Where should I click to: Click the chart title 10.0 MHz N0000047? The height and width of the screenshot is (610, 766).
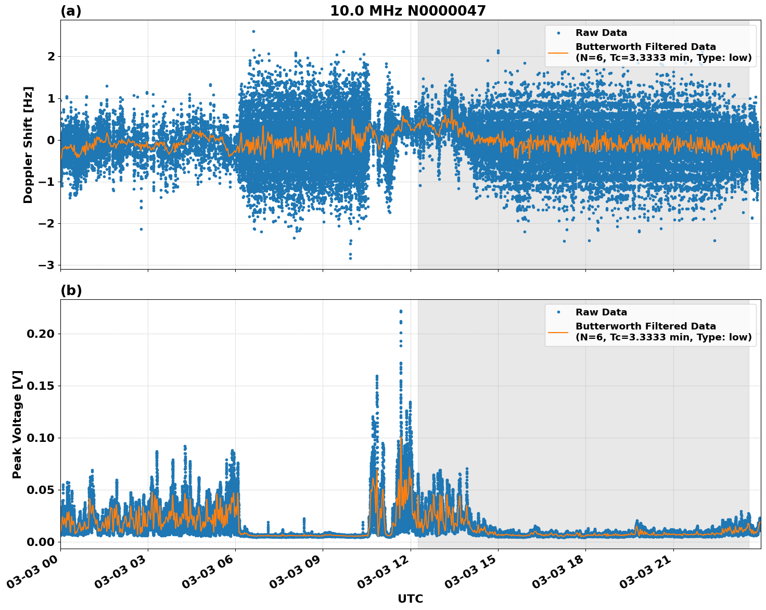[x=407, y=11]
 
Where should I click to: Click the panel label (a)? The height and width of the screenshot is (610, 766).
[x=71, y=11]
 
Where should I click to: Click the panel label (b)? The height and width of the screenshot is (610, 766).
[x=71, y=290]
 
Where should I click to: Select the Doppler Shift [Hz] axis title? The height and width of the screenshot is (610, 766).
[x=28, y=145]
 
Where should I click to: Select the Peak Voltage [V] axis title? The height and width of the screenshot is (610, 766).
[x=17, y=424]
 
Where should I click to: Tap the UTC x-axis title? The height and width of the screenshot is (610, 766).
[x=410, y=599]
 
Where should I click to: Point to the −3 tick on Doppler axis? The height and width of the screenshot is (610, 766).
[x=46, y=265]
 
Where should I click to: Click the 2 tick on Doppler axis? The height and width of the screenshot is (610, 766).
[x=50, y=56]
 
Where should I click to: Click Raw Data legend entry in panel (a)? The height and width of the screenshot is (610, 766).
[x=601, y=33]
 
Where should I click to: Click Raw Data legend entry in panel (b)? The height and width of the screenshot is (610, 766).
[x=601, y=312]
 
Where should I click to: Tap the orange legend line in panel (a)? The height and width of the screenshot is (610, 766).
[x=558, y=53]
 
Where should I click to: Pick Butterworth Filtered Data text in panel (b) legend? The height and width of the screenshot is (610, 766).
[x=645, y=326]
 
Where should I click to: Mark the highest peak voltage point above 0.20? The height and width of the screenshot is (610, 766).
[x=401, y=311]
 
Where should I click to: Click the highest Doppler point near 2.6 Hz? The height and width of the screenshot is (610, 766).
[x=253, y=31]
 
